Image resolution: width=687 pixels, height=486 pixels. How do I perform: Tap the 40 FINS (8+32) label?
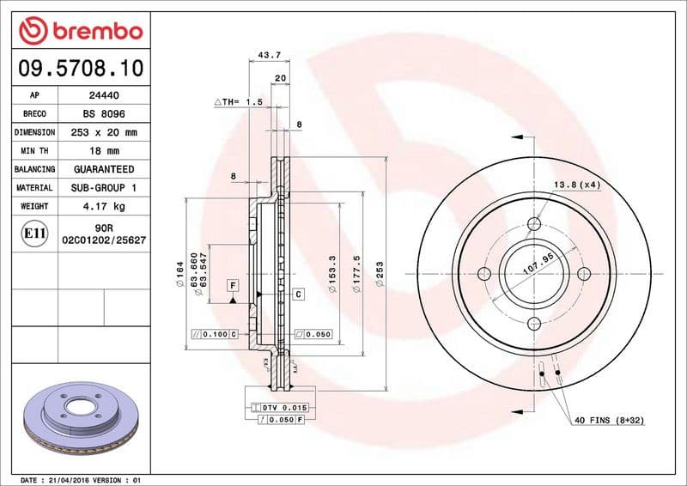pos(609,420)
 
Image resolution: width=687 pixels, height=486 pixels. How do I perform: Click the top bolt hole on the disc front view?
pos(533,223)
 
